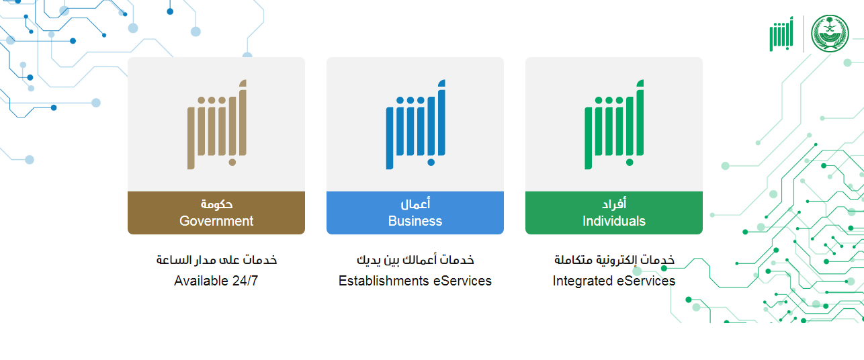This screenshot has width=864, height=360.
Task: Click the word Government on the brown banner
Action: (216, 221)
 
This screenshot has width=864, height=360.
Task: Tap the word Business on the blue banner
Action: (415, 221)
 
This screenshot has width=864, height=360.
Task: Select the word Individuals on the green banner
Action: (614, 221)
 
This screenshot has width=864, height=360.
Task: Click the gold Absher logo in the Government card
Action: (217, 124)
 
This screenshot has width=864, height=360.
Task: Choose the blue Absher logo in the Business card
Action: (415, 124)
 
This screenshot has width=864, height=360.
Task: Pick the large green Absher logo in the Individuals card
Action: (614, 124)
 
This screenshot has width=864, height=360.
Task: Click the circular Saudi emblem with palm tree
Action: (830, 34)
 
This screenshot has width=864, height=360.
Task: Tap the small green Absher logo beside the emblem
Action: (781, 34)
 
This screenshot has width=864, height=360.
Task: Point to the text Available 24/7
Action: (216, 281)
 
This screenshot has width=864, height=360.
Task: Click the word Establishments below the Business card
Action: (384, 281)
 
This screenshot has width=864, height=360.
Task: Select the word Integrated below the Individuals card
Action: (582, 281)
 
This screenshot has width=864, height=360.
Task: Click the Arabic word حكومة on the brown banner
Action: (216, 204)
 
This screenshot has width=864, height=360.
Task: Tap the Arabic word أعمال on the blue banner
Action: (415, 204)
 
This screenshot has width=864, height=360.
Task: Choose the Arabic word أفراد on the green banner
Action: (614, 204)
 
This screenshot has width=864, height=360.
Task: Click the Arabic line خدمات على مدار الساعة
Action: (216, 260)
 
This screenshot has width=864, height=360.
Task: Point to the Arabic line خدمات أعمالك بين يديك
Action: (415, 260)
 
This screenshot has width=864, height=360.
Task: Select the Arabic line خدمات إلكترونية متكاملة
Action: (615, 260)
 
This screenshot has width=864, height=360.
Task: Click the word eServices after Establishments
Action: (462, 281)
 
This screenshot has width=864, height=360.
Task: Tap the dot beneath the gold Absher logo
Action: (232, 163)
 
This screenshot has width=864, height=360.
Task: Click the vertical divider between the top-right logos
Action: (804, 34)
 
